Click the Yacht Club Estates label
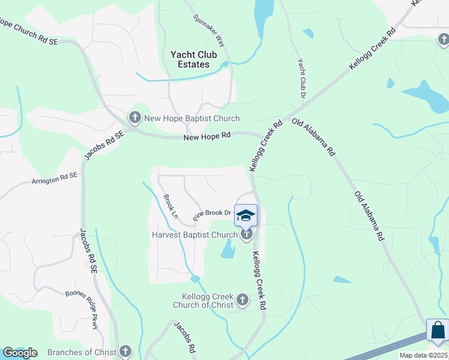tap(190, 59)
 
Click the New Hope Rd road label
tap(207, 136)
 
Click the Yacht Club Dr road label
tap(302, 79)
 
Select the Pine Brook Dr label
tap(212, 213)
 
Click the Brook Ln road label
tap(171, 206)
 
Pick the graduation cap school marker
tap(246, 215)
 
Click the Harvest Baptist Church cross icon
tap(246, 235)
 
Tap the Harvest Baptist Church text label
tap(191, 235)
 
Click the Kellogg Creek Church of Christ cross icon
tap(243, 299)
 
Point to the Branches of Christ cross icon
tap(125, 352)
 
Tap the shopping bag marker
tap(438, 330)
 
